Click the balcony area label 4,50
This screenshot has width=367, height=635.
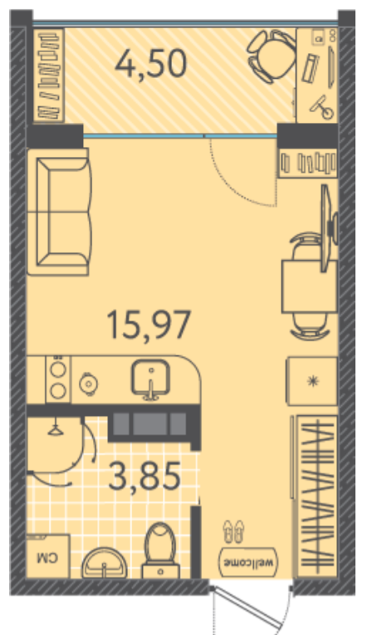tap(150, 64)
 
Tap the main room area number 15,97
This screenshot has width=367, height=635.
tap(149, 324)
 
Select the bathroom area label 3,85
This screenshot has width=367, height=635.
tap(144, 476)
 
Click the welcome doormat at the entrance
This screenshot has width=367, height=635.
tap(249, 562)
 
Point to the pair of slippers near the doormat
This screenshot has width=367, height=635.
tap(233, 530)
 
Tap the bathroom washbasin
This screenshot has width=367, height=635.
tap(105, 564)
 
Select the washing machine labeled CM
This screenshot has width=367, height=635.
tap(48, 555)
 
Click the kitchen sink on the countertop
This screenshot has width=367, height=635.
tap(150, 379)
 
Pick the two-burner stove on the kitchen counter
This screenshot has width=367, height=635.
tap(58, 379)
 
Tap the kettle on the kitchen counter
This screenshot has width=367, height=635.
tap(87, 383)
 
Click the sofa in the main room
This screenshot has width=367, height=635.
tap(59, 212)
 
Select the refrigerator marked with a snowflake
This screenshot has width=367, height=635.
tap(312, 381)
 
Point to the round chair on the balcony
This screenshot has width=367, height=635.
tap(272, 56)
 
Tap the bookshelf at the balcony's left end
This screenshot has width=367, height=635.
tap(50, 76)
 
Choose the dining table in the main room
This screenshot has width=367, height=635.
tap(310, 286)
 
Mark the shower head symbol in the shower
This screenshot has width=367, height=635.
tap(54, 429)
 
